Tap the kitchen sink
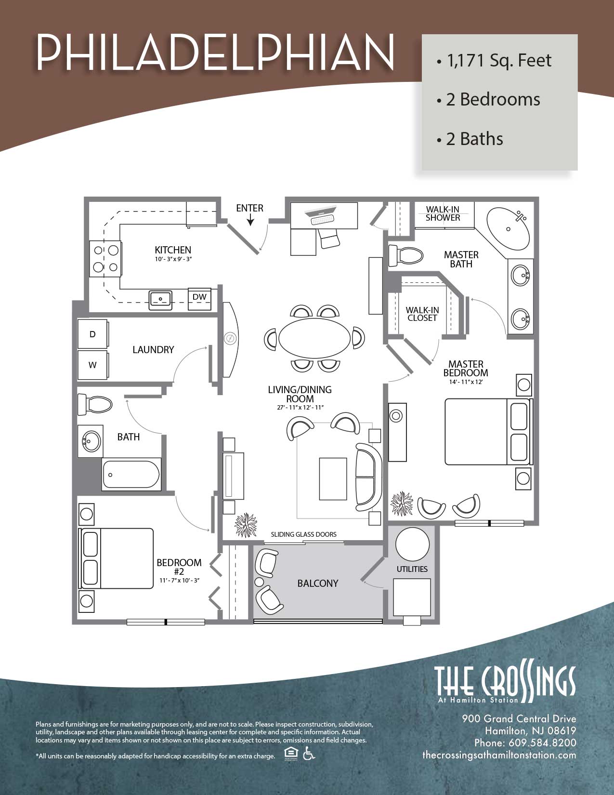coord(160,300)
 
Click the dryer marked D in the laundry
coord(93,334)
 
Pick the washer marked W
coord(93,365)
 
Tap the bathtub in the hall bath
coord(131,475)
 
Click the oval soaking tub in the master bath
coord(508,228)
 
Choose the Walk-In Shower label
coord(443,213)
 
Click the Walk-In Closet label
coord(422,314)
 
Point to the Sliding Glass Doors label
coord(303,534)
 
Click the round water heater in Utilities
coord(412,544)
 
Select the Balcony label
coord(318,583)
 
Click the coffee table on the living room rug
coord(333,479)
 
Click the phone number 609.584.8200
coord(542,742)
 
